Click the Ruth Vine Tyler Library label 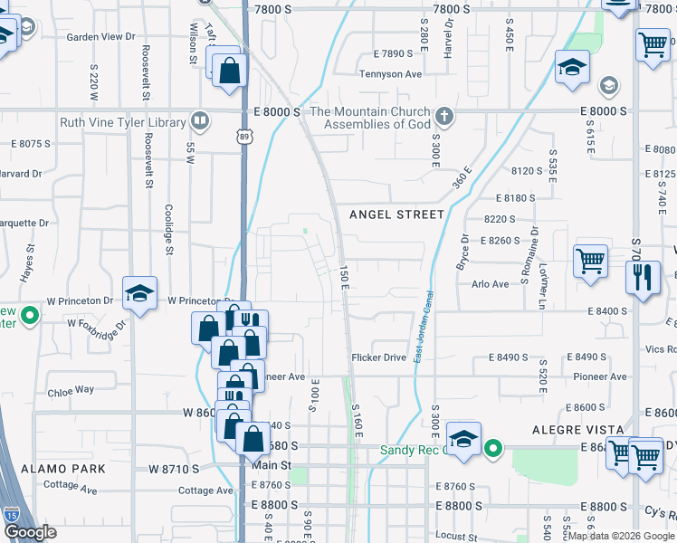click(x=122, y=122)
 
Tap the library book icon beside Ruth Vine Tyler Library click(x=199, y=121)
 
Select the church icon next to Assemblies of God click(x=443, y=117)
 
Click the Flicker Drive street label click(x=379, y=357)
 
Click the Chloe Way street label click(x=71, y=391)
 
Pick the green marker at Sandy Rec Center click(x=492, y=448)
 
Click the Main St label click(x=272, y=465)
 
